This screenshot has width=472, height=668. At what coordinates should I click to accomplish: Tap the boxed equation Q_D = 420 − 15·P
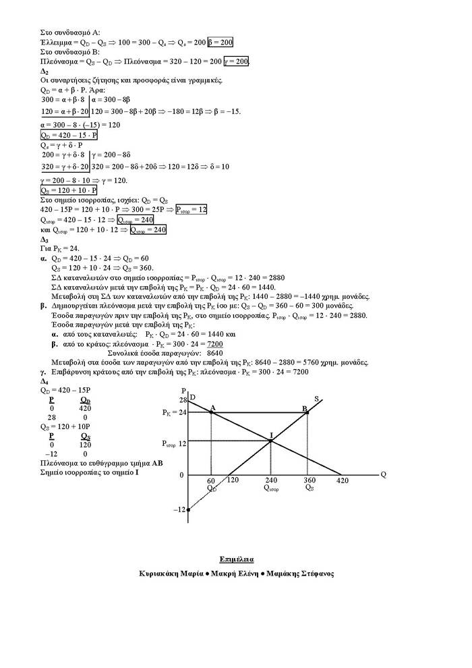[69, 135]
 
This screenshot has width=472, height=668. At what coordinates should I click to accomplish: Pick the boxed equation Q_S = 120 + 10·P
[69, 191]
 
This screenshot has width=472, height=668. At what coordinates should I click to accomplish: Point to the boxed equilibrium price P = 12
[191, 210]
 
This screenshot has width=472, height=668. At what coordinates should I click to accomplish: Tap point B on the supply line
[307, 412]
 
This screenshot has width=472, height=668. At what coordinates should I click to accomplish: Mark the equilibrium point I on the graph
[270, 441]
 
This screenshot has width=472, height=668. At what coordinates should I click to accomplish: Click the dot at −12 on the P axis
[188, 509]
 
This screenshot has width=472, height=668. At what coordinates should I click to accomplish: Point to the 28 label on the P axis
[182, 401]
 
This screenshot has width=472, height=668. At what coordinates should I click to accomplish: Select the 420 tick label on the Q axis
[343, 480]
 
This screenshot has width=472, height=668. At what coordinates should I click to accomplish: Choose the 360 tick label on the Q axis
[309, 480]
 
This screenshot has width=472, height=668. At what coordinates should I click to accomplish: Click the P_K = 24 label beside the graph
[173, 412]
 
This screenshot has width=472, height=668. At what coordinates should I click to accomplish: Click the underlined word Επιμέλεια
[237, 559]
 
